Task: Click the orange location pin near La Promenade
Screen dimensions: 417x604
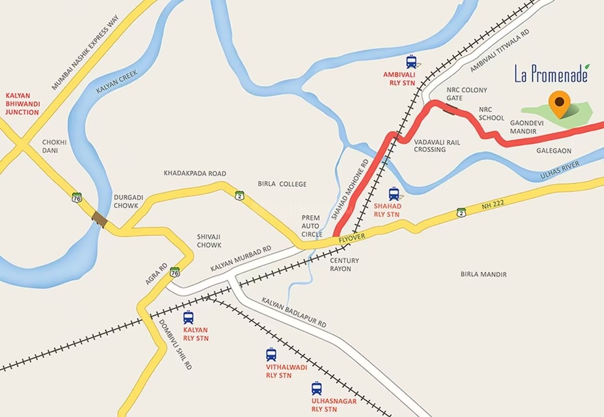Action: (560, 103)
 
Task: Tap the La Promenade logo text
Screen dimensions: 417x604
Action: (551, 74)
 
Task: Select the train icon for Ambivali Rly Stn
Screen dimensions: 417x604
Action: (411, 63)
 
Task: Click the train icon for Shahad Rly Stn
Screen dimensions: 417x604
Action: (394, 194)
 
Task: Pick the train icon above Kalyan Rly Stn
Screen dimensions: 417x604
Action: (188, 317)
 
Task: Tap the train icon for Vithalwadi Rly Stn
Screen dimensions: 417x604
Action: (271, 355)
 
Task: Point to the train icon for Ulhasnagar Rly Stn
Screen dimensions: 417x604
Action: (317, 388)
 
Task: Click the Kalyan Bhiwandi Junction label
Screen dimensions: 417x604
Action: (22, 104)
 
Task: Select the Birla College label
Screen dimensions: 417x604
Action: (282, 184)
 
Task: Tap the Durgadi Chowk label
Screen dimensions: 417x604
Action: (126, 201)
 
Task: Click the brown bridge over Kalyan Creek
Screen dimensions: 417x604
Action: (99, 219)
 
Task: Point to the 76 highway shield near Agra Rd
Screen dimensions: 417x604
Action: (175, 272)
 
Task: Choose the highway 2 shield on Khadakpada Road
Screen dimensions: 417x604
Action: (239, 195)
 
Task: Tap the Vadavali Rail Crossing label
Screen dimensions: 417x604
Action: (430, 145)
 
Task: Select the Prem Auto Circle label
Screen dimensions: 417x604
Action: (312, 226)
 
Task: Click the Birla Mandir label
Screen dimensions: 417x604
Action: (483, 274)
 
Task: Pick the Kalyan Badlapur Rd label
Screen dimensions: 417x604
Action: (294, 313)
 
